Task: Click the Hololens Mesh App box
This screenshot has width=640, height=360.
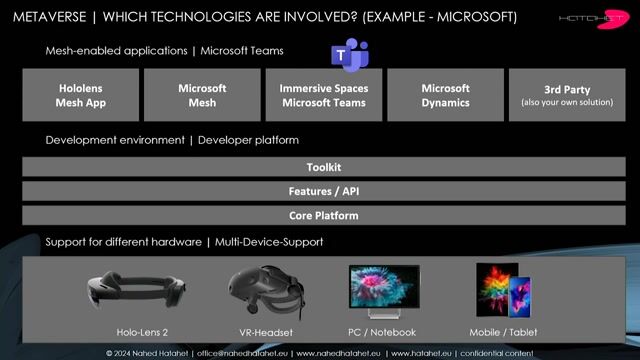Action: [80, 95]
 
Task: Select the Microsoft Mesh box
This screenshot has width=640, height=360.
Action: [202, 95]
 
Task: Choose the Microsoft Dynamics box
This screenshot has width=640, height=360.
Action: [445, 95]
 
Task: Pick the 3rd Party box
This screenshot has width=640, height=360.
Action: [566, 95]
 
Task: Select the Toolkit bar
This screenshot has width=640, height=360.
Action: [323, 167]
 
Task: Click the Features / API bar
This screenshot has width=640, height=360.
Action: [323, 191]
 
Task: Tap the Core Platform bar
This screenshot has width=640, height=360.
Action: [323, 215]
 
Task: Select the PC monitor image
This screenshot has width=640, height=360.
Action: [384, 290]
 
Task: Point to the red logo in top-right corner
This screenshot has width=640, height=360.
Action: [608, 20]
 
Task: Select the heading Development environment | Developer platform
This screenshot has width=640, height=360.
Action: [172, 140]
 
